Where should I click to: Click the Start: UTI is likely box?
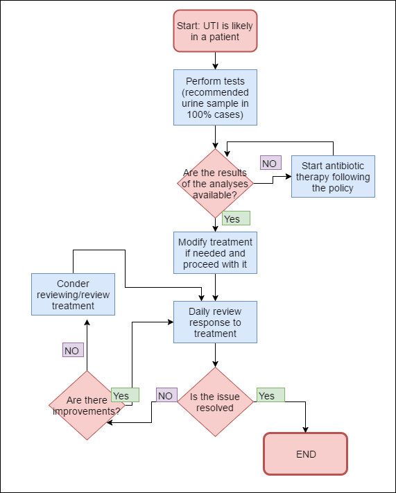[215, 31]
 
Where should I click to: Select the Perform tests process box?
[215, 97]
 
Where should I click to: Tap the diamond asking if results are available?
[215, 184]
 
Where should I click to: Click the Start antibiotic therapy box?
[333, 176]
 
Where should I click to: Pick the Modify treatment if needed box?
[215, 252]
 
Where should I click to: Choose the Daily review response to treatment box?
[215, 322]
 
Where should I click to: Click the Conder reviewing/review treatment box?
[73, 295]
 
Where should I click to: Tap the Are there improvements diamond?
[86, 406]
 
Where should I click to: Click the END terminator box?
[305, 454]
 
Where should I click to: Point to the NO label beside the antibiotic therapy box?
[270, 163]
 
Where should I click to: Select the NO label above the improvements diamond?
[72, 350]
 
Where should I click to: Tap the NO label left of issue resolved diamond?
[165, 395]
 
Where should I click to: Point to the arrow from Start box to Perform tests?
[215, 60]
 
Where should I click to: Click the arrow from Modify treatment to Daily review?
[215, 286]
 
